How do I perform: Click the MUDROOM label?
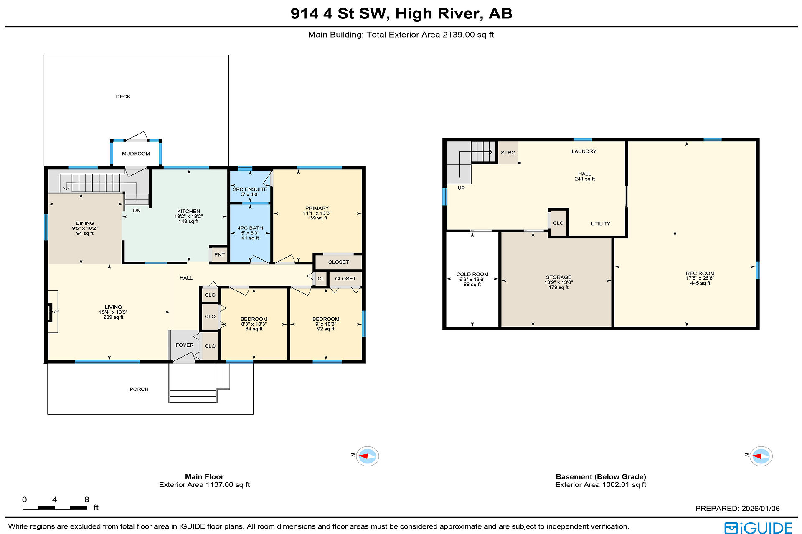pos(136,154)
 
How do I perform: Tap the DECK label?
pos(123,96)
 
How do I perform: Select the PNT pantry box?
pos(219,254)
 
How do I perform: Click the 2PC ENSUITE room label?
pos(250,189)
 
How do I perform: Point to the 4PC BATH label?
pos(250,228)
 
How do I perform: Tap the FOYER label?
pos(185,345)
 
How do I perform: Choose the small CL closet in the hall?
pos(320,279)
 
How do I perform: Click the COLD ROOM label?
pos(472,275)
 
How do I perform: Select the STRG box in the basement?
pos(508,153)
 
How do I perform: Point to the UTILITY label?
pos(601,224)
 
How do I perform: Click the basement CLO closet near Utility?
pos(558,223)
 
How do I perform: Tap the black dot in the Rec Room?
pos(675,234)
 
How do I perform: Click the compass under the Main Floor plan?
pos(368,456)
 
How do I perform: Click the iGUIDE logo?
pos(758,528)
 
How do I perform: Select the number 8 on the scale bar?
pos(87,499)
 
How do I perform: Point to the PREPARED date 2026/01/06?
pos(761,509)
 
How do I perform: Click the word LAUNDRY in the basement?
pos(584,151)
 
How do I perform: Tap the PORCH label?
pos(139,389)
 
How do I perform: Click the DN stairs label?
pos(137,210)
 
